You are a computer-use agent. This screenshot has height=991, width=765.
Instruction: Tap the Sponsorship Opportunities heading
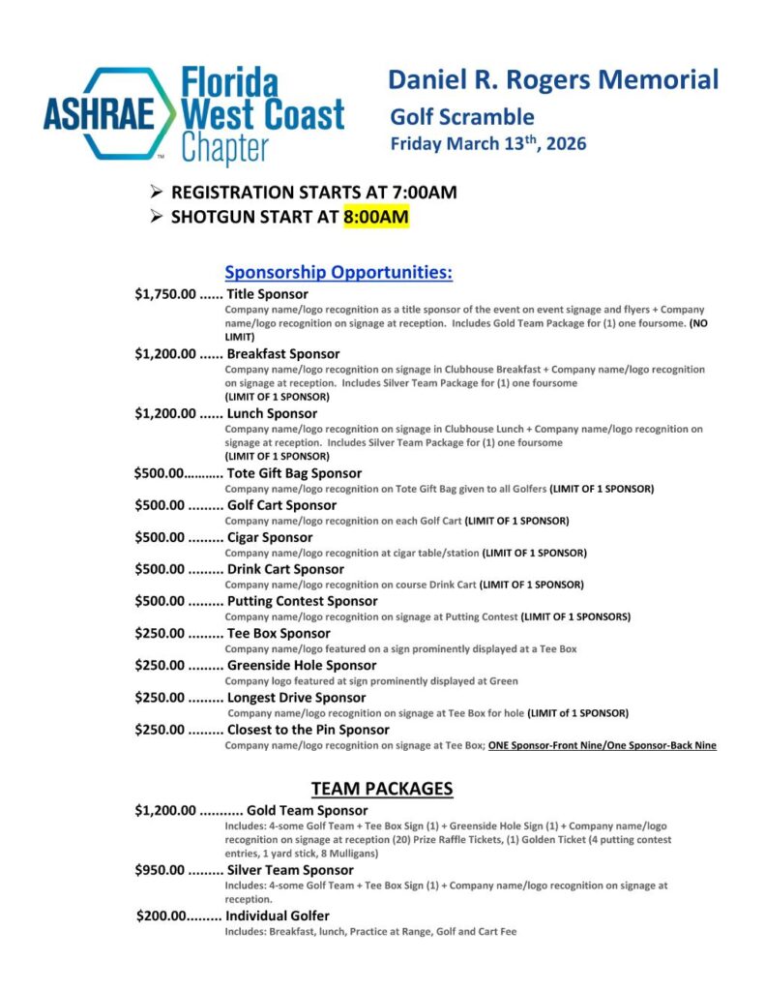pos(338,273)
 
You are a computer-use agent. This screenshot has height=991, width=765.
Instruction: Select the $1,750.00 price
pos(165,294)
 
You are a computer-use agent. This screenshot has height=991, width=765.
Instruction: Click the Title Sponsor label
pos(268,294)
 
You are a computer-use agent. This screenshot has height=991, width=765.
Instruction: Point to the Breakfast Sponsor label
pos(283,354)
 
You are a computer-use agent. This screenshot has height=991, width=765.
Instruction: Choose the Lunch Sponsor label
pos(272,414)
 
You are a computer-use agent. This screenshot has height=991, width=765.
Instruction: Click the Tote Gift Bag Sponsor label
pos(294,474)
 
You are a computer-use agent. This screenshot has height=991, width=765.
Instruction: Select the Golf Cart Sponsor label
pos(281,505)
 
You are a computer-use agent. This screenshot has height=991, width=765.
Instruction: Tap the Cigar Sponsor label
pos(270,537)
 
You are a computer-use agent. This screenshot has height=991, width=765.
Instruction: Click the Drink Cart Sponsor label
pos(285,569)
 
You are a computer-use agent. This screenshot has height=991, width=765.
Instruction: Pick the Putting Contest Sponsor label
pos(302,601)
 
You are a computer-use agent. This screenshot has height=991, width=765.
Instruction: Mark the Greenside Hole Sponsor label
pos(302,666)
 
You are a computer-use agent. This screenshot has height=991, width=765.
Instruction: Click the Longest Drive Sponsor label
pos(296,698)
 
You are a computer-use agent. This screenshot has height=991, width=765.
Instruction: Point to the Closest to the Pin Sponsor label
pos(309,730)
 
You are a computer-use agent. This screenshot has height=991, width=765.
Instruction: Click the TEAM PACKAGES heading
pos(382,789)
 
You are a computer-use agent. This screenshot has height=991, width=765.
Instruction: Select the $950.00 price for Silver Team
pos(160,870)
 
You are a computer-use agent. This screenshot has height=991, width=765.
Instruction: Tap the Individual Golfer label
pos(278,916)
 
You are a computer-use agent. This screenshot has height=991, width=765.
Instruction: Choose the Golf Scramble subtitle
pos(461,118)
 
